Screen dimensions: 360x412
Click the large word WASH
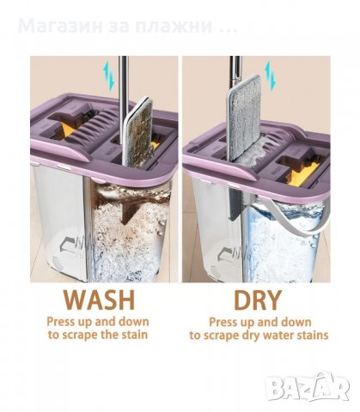tap(99, 300)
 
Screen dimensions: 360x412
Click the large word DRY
tap(257, 300)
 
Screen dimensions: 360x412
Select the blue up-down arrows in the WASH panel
tap(109, 76)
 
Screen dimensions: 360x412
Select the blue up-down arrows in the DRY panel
tap(270, 76)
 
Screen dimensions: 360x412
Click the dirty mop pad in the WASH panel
tap(138, 132)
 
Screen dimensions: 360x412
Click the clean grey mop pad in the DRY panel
tap(244, 118)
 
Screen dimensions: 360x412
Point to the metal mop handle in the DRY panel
tap(235, 71)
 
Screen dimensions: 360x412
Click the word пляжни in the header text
tap(174, 27)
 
